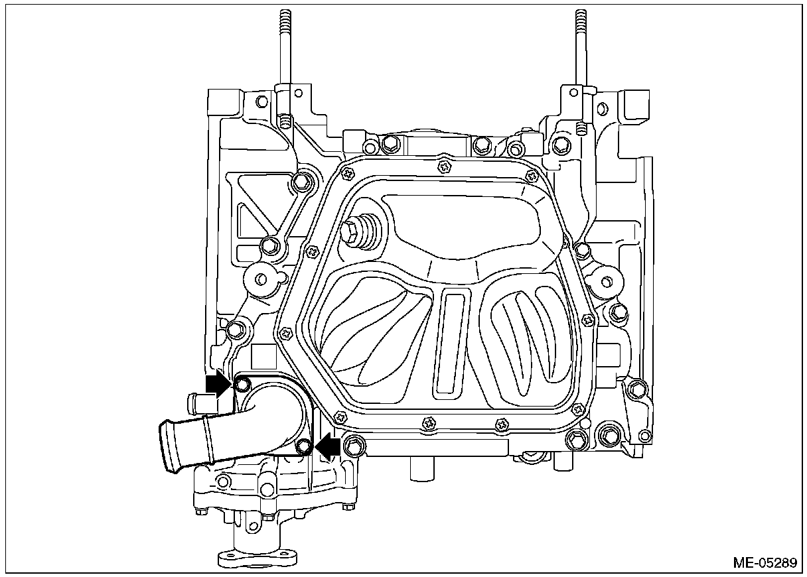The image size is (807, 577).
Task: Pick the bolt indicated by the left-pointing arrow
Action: click(305, 446)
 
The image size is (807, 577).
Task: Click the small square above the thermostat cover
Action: click(264, 356)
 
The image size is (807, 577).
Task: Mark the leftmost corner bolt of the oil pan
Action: click(286, 334)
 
